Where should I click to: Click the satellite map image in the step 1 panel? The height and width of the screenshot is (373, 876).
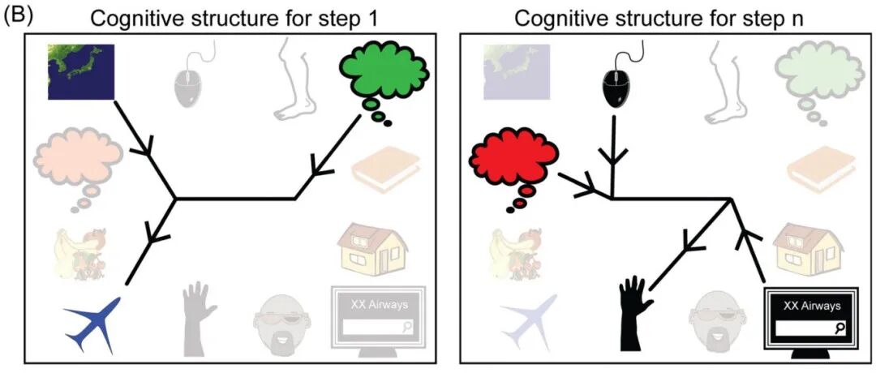click(81, 72)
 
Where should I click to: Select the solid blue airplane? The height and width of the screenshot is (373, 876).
click(93, 324)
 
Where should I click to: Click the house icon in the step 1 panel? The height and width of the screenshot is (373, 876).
click(372, 248)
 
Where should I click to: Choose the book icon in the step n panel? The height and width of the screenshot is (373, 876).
click(821, 169)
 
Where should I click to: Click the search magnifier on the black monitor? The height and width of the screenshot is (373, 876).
click(837, 329)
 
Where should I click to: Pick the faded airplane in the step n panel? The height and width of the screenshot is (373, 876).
click(529, 324)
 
